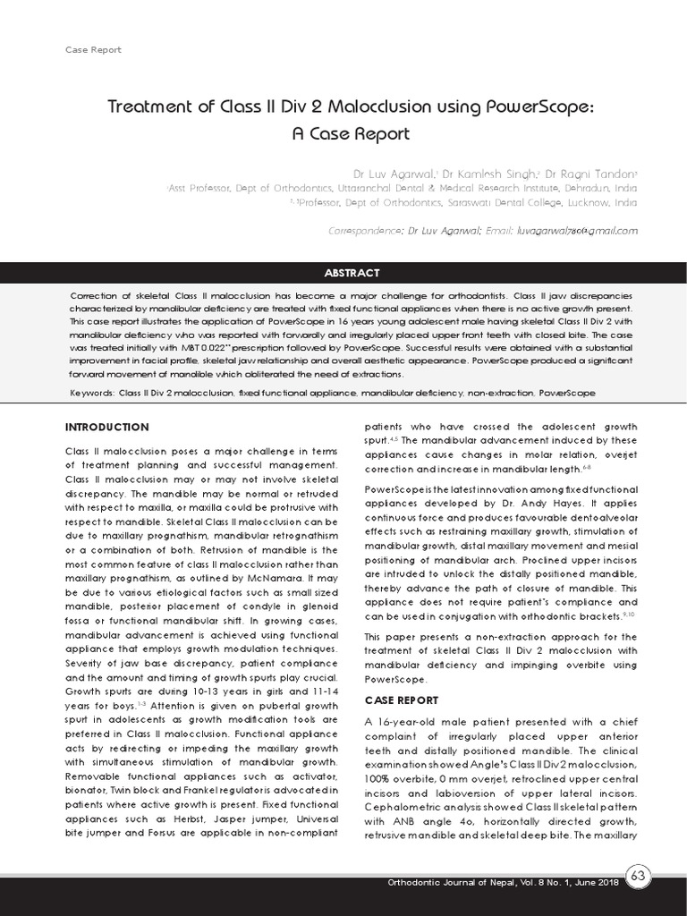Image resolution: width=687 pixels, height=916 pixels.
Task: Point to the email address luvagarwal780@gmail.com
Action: tap(577, 230)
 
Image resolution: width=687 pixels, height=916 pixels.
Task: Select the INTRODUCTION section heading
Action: tap(106, 428)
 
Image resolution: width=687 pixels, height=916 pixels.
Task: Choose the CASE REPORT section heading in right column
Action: tap(402, 700)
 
